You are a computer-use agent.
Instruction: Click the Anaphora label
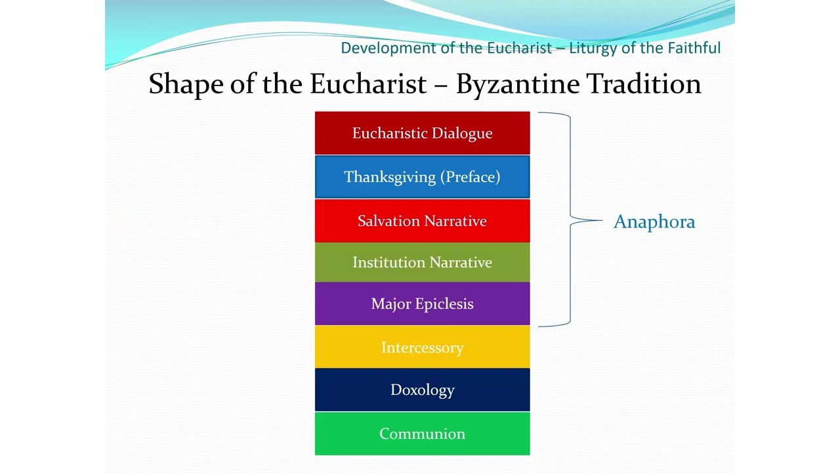[x=654, y=222]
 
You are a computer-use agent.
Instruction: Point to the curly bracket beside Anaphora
[x=570, y=219]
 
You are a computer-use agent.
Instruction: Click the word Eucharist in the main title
[x=367, y=84]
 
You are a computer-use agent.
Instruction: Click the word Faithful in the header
[x=694, y=48]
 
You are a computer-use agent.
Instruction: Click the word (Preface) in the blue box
[x=470, y=177]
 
